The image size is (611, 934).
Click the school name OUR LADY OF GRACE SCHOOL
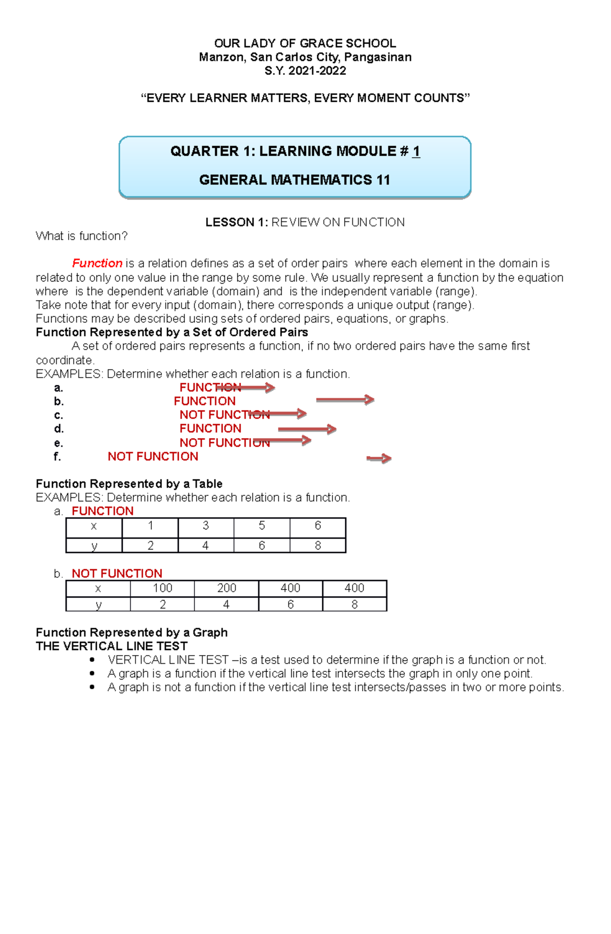click(304, 43)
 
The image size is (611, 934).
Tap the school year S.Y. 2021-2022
click(305, 71)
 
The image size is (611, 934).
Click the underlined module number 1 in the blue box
click(416, 151)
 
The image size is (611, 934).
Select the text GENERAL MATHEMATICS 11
click(294, 180)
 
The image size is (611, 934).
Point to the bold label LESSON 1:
click(236, 222)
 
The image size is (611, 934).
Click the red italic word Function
click(97, 263)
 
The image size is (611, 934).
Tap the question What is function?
click(81, 236)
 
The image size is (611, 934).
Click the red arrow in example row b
click(345, 400)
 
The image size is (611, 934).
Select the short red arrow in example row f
click(379, 459)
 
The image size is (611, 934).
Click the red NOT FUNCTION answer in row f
click(153, 457)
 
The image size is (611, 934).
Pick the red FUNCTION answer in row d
click(210, 429)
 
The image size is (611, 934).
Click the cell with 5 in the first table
click(262, 526)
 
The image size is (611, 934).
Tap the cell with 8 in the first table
click(318, 546)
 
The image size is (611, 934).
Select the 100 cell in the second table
click(162, 588)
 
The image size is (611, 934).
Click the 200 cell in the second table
click(227, 588)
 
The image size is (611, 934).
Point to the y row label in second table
click(98, 605)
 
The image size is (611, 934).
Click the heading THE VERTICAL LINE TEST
click(112, 646)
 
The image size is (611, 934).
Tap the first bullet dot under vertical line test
click(92, 660)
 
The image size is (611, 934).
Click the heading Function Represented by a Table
click(129, 484)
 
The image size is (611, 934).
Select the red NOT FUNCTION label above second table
click(117, 574)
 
